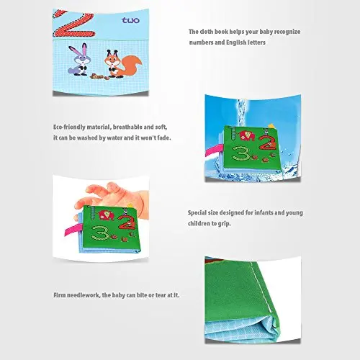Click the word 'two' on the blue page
pyautogui.click(x=130, y=20)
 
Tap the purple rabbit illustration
pyautogui.click(x=78, y=59)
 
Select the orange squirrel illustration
pyautogui.click(x=122, y=63)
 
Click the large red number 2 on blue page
pyautogui.click(x=73, y=24)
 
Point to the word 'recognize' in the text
pyautogui.click(x=287, y=32)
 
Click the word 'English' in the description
pyautogui.click(x=236, y=42)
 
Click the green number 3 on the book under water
pyautogui.click(x=240, y=153)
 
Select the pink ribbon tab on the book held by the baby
pyautogui.click(x=71, y=229)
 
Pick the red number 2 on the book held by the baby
pyautogui.click(x=127, y=222)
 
